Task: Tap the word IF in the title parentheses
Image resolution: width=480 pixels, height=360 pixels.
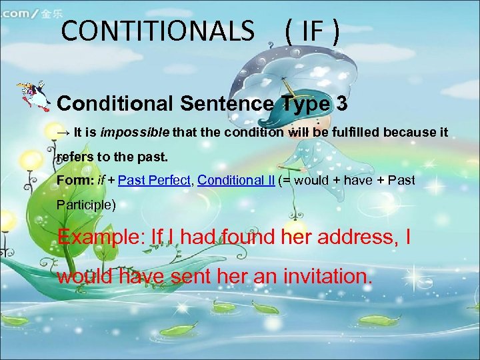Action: coord(311,31)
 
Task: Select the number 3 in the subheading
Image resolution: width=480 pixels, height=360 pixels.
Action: coord(341,104)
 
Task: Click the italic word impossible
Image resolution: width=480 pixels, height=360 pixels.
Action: coord(135,132)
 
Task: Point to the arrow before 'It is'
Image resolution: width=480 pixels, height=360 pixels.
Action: coord(64,132)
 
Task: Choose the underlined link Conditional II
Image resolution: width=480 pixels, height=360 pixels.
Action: coord(236,180)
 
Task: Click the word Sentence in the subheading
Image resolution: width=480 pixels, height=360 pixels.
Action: coord(223,104)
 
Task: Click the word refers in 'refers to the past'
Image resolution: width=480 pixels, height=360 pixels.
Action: coord(73,157)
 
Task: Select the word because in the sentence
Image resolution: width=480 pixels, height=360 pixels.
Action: coord(409,132)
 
